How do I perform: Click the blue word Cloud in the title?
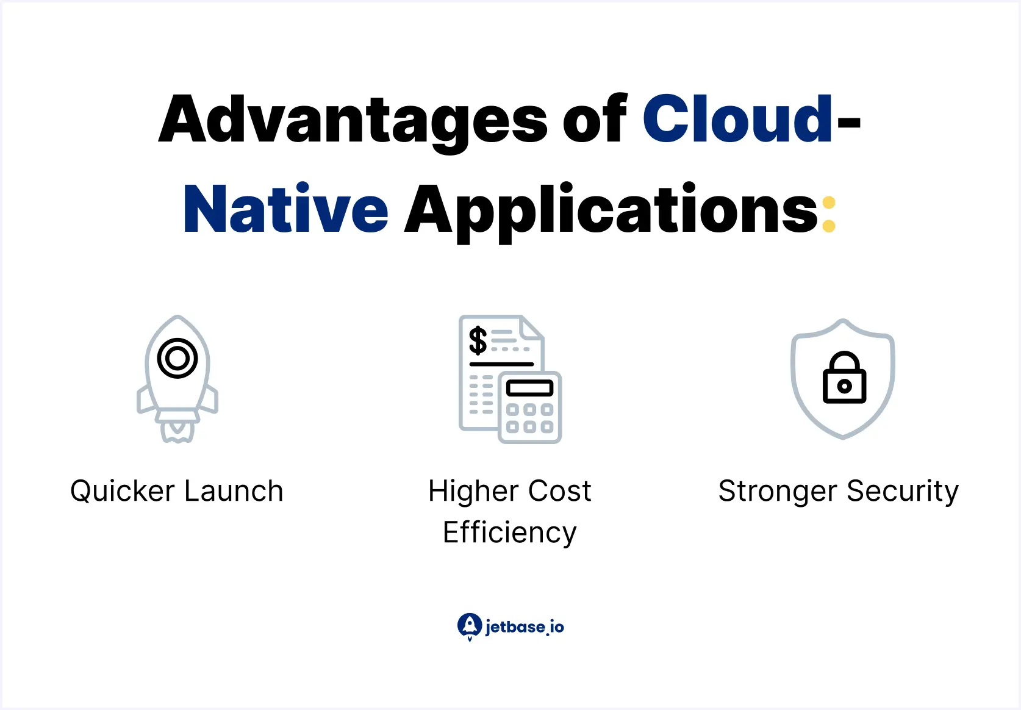point(737,120)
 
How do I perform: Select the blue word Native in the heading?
point(285,210)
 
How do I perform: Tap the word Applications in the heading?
point(611,210)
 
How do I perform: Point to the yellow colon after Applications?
point(828,213)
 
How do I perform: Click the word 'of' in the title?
point(595,120)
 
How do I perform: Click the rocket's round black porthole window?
point(177,358)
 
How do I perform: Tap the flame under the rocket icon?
point(177,431)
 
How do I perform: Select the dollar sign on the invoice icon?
point(478,340)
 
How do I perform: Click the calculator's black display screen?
point(529,388)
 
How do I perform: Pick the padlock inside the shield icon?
point(844,378)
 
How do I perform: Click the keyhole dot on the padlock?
point(844,386)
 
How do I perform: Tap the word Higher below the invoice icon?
point(473,492)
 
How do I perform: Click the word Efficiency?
point(510,532)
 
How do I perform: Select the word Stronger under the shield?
point(777,492)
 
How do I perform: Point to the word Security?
point(903,492)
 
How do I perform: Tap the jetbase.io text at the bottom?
point(525,627)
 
